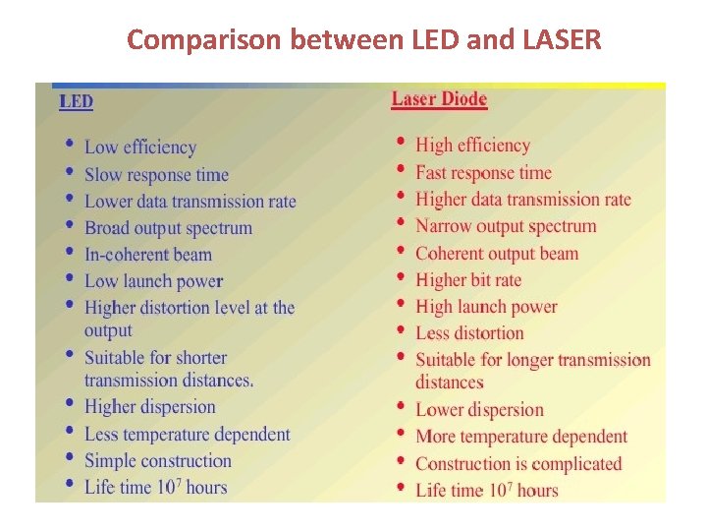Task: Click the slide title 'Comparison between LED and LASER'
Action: click(363, 40)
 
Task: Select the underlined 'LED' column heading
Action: click(76, 101)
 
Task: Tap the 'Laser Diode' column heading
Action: click(439, 98)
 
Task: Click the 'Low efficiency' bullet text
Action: click(140, 147)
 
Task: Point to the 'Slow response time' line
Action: click(156, 175)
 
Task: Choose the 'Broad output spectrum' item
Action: click(168, 228)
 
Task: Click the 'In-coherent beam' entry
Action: click(147, 255)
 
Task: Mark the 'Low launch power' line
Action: click(153, 281)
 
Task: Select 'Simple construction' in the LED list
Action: click(157, 460)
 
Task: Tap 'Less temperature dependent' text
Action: click(187, 434)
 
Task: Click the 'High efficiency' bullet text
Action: click(472, 146)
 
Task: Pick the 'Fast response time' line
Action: click(483, 173)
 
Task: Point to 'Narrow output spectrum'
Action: click(506, 226)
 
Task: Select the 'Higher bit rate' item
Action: click(468, 280)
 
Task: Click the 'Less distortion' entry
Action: click(469, 333)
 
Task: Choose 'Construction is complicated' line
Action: click(518, 463)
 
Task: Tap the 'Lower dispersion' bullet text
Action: click(479, 410)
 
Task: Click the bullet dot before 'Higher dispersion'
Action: click(69, 403)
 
